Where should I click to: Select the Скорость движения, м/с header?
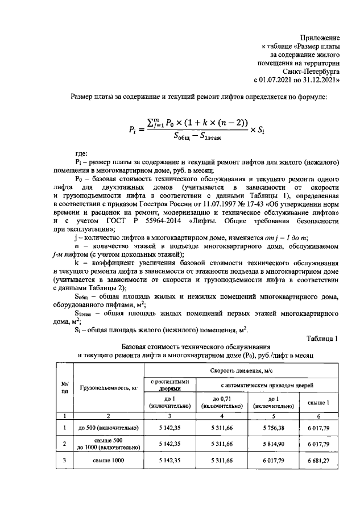point(241,370)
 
